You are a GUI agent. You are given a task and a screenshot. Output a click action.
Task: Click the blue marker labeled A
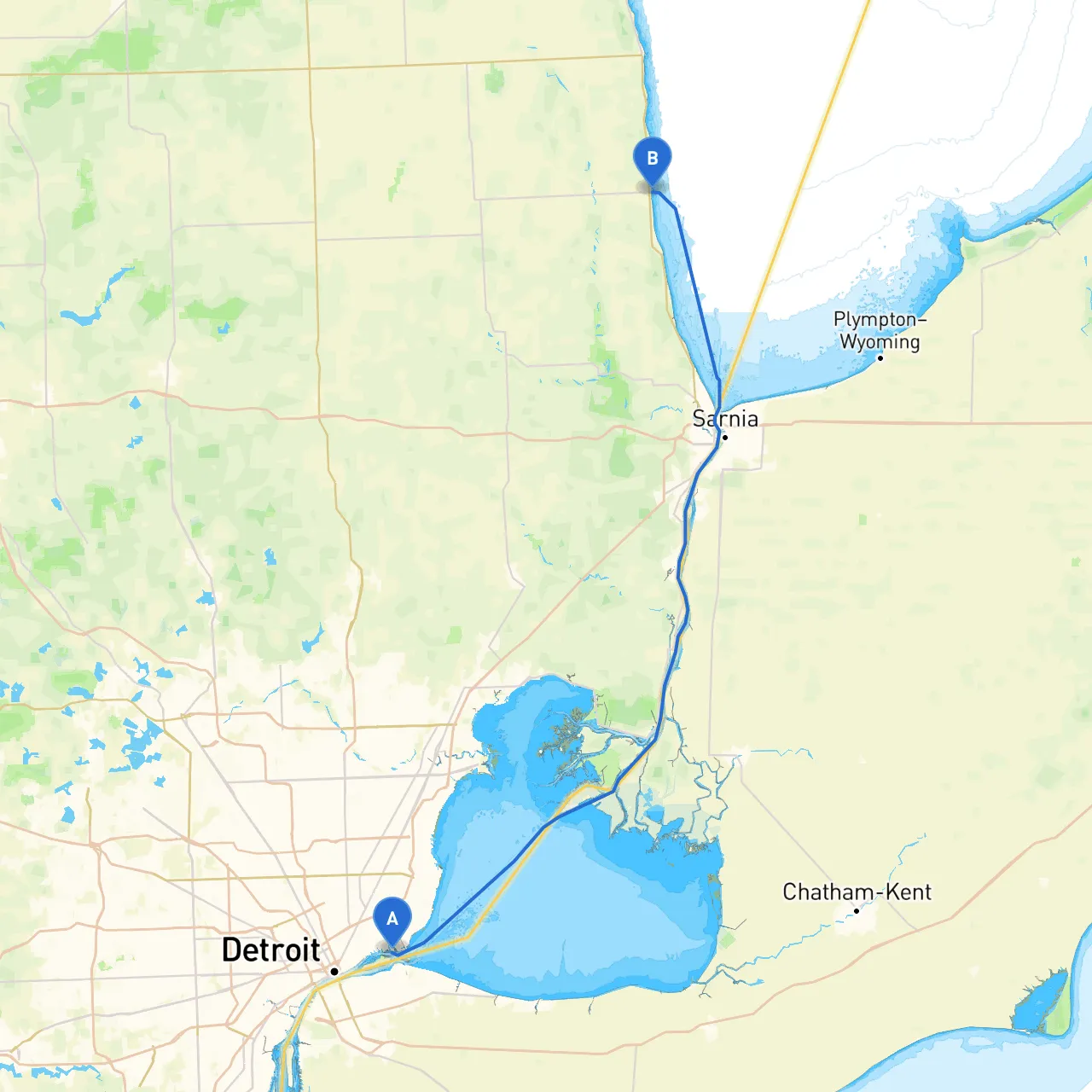point(392,920)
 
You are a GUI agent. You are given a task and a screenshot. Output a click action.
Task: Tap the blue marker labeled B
point(653,160)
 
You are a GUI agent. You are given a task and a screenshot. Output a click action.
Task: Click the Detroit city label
point(270,950)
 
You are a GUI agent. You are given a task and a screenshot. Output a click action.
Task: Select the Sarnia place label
point(725,418)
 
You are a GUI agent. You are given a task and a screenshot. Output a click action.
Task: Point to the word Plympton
point(874,320)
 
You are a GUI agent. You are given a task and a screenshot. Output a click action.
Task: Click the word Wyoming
point(880,342)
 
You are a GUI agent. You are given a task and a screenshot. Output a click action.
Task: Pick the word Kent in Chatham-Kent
point(909,892)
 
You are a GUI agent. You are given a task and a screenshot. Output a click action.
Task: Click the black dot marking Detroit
point(334,971)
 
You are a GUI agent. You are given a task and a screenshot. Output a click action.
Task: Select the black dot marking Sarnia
point(724,438)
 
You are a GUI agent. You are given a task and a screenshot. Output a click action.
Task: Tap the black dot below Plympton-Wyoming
point(880,358)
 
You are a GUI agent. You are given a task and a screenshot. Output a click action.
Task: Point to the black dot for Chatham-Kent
point(857,911)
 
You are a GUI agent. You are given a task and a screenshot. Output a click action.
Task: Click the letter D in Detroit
point(231,950)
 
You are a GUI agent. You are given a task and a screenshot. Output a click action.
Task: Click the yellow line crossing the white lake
point(810,171)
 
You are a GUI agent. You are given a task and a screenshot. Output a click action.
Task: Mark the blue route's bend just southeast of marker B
point(676,207)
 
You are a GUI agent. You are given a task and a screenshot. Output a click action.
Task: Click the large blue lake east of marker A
point(597,904)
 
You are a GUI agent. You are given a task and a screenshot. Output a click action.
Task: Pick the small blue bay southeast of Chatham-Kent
point(1041,1002)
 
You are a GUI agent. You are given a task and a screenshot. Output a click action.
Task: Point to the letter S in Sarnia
point(700,418)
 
